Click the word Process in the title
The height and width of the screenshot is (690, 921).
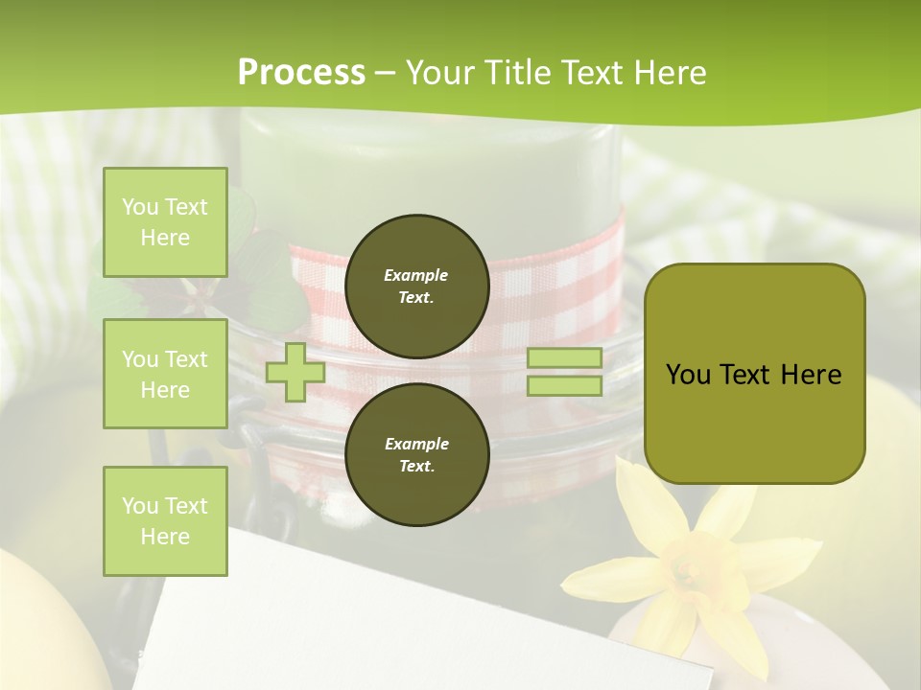click(301, 73)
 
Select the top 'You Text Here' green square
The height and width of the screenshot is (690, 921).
click(165, 222)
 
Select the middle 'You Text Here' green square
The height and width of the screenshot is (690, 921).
click(165, 374)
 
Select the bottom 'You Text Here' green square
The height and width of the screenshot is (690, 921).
click(165, 520)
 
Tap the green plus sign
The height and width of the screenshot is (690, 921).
click(295, 372)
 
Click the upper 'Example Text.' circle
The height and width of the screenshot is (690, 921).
click(416, 287)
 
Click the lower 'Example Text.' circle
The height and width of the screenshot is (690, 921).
click(416, 454)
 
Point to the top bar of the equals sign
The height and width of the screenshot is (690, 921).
click(565, 357)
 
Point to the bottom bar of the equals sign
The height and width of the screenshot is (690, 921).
click(565, 385)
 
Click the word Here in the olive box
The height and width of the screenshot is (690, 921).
click(811, 375)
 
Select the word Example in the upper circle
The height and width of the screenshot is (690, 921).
click(416, 275)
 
